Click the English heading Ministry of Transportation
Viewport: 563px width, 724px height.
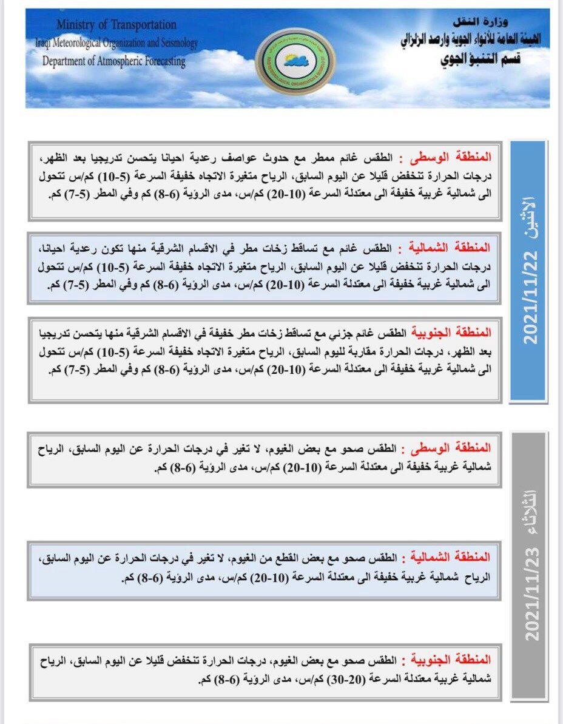[x=116, y=25]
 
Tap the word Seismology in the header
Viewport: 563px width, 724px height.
[x=175, y=43]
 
